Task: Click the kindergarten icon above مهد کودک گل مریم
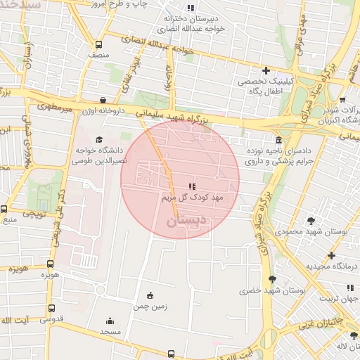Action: coord(191,186)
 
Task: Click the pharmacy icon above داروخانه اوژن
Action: coord(103,100)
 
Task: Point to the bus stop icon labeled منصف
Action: coord(99,43)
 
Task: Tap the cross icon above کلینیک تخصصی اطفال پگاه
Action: coord(265,70)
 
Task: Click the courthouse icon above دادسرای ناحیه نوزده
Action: coord(279,140)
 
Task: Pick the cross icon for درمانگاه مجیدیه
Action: coord(331,255)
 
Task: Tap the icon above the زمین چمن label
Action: coord(149,296)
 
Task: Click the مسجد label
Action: coord(110,331)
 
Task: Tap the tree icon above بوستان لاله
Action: coord(354,336)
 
